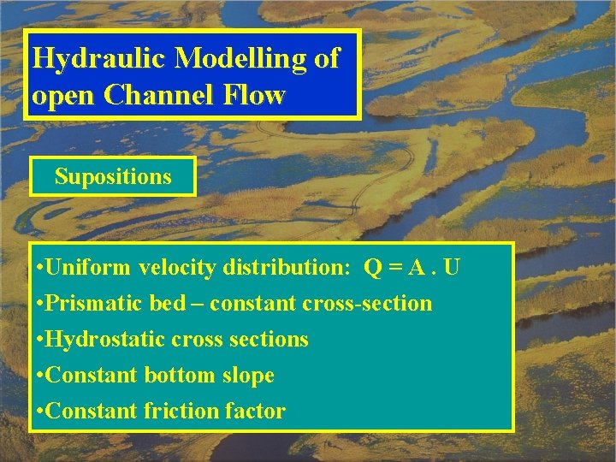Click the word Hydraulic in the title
click(x=98, y=58)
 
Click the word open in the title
click(x=63, y=95)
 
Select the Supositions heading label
click(x=113, y=177)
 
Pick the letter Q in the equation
click(x=373, y=268)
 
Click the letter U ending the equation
click(x=453, y=268)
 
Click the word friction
click(x=181, y=412)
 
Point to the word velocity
click(x=177, y=268)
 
